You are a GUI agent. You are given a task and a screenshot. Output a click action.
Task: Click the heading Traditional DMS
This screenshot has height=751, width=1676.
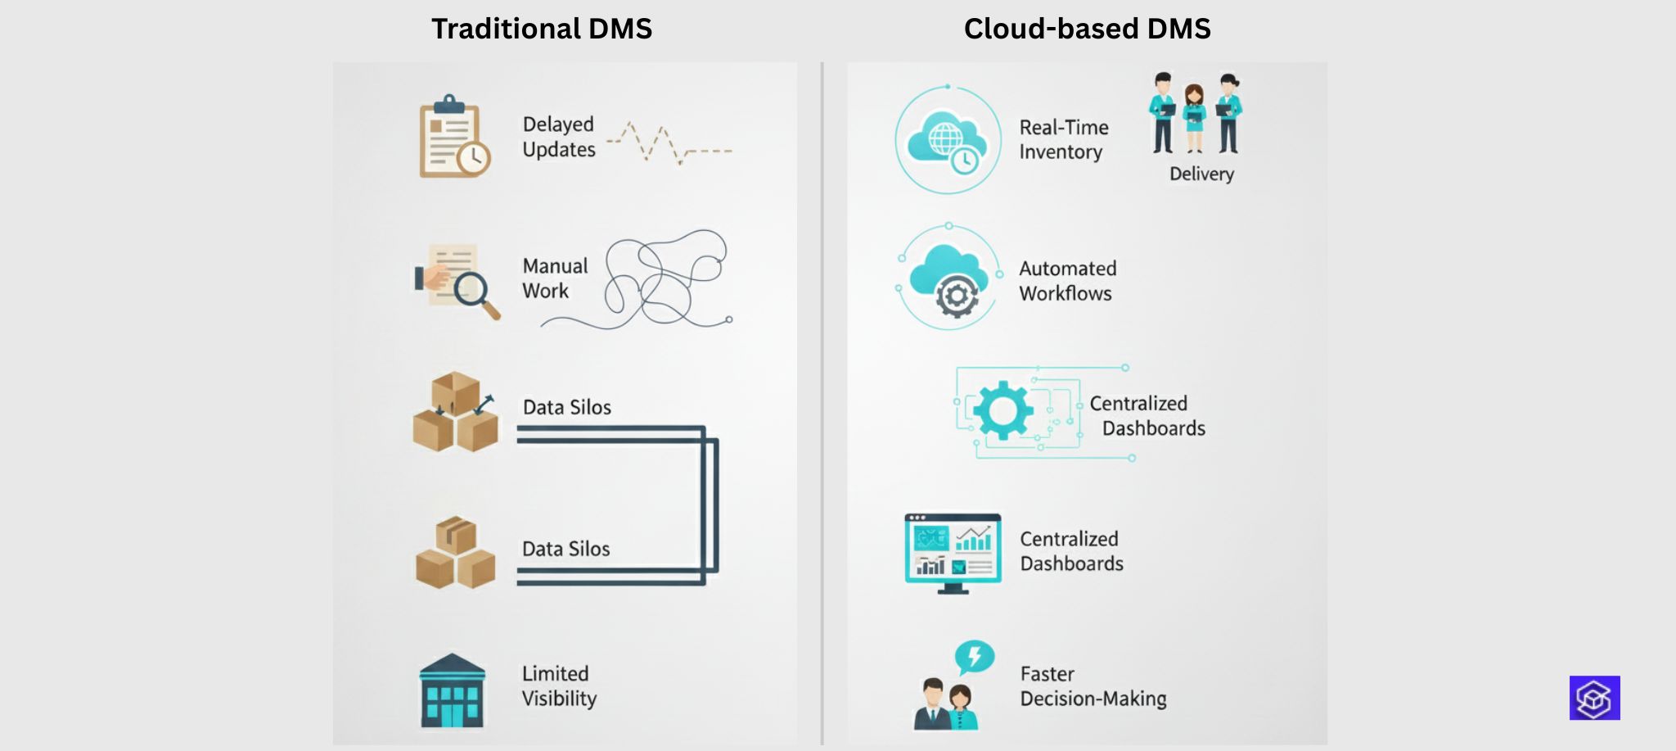(x=541, y=29)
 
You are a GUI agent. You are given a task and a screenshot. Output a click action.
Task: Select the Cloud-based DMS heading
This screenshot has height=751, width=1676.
(x=1087, y=29)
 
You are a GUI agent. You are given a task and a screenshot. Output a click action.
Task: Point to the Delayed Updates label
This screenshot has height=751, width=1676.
(x=559, y=137)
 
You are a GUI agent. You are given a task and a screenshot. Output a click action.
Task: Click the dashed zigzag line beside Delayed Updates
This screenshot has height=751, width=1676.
(x=667, y=145)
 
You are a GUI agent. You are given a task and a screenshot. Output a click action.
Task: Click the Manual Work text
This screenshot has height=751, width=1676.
(x=555, y=278)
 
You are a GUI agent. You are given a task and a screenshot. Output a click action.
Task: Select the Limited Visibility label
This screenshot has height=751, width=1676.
(x=559, y=685)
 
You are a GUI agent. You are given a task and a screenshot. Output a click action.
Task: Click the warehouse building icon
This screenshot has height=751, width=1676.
(x=452, y=691)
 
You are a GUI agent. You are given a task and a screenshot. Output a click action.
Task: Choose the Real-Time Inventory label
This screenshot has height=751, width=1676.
(x=1063, y=139)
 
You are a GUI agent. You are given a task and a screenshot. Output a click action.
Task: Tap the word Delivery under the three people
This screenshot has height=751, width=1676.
(x=1201, y=174)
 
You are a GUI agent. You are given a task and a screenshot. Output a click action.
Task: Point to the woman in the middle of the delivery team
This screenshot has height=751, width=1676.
(x=1195, y=117)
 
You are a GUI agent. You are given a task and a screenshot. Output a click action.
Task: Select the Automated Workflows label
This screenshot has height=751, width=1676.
(x=1067, y=281)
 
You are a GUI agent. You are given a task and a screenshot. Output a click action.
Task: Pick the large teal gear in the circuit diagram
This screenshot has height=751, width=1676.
(x=1002, y=410)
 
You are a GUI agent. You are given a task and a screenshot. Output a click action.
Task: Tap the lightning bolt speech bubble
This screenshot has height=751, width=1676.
(x=974, y=657)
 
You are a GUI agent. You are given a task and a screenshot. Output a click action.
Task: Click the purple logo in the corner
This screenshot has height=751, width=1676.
(x=1594, y=698)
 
